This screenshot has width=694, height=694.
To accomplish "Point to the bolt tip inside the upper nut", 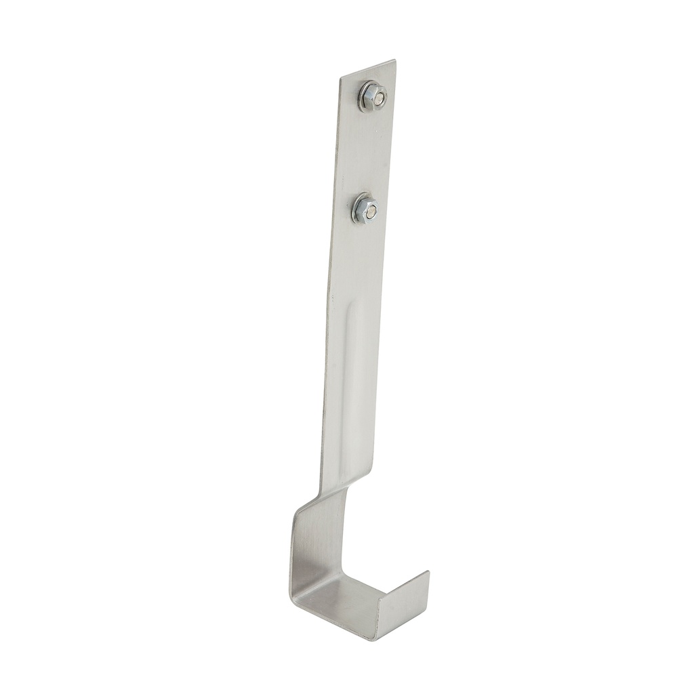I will (378, 100).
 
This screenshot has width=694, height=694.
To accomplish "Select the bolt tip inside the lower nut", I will (370, 212).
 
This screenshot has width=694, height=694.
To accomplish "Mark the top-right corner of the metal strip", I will (395, 61).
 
